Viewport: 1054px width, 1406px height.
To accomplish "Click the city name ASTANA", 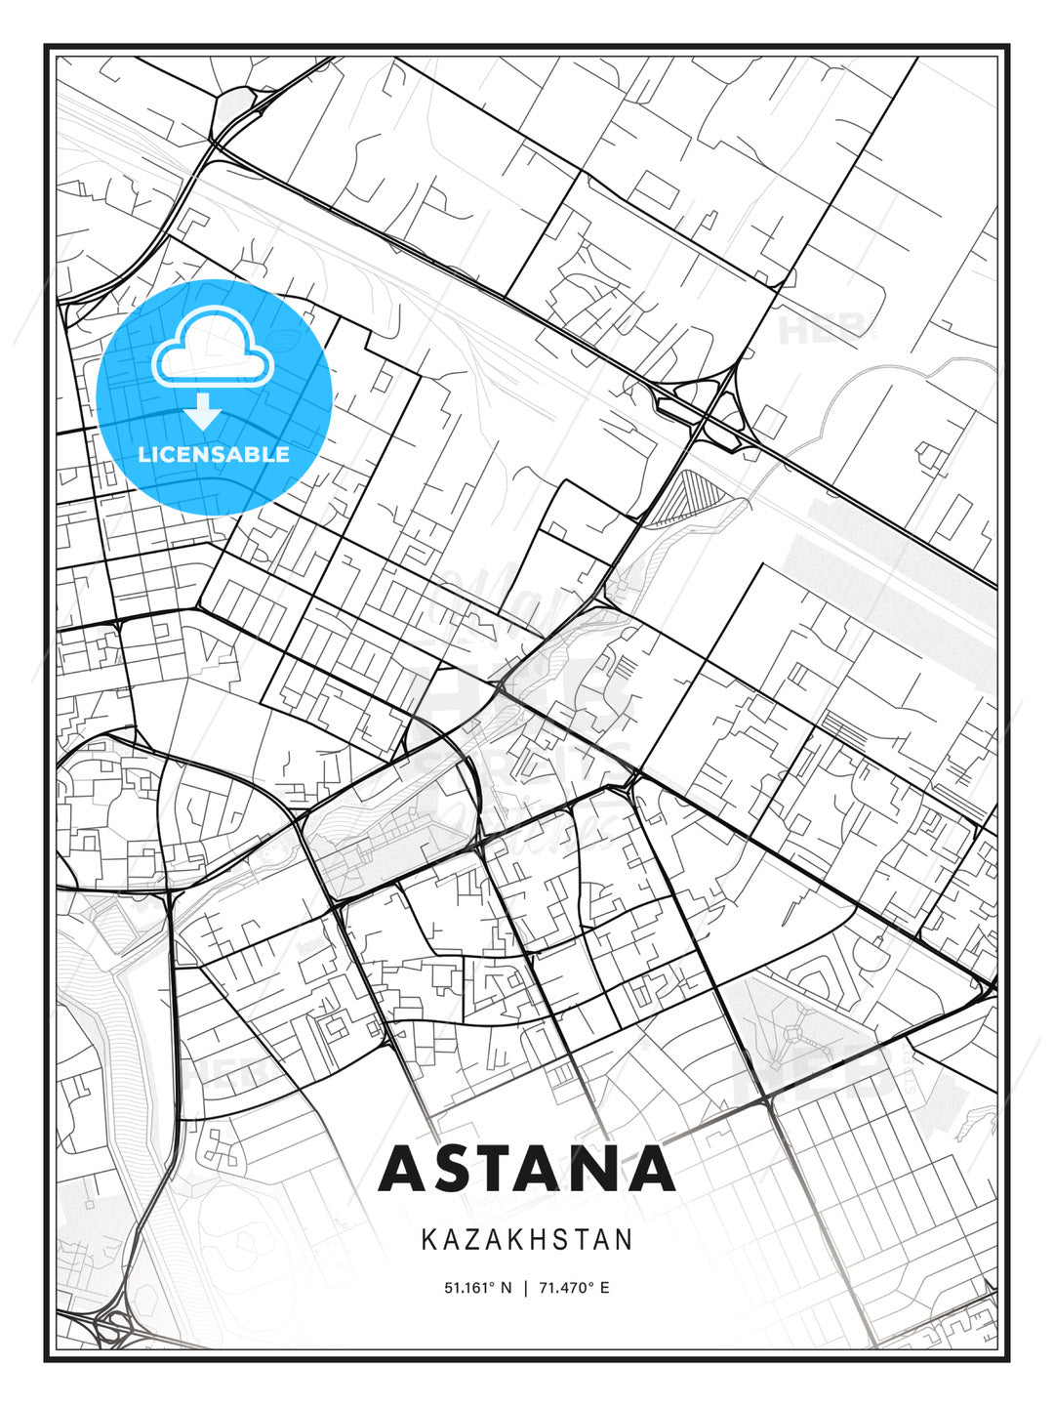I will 527,1168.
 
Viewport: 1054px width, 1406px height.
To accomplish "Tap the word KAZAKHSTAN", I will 527,1240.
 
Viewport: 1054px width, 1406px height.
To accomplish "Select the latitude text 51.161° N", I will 477,1288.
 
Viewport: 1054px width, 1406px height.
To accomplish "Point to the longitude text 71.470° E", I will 574,1288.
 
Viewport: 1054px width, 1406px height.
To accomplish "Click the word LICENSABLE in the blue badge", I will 214,455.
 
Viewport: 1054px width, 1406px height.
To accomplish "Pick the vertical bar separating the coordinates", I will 526,1288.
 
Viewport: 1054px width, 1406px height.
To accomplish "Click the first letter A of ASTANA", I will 404,1168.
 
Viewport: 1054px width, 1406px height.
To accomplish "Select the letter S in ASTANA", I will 459,1168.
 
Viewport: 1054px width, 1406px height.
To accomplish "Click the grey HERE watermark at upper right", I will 826,330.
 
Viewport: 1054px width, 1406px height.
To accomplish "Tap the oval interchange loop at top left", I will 232,108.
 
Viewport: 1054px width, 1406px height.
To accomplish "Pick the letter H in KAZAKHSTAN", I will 539,1240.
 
